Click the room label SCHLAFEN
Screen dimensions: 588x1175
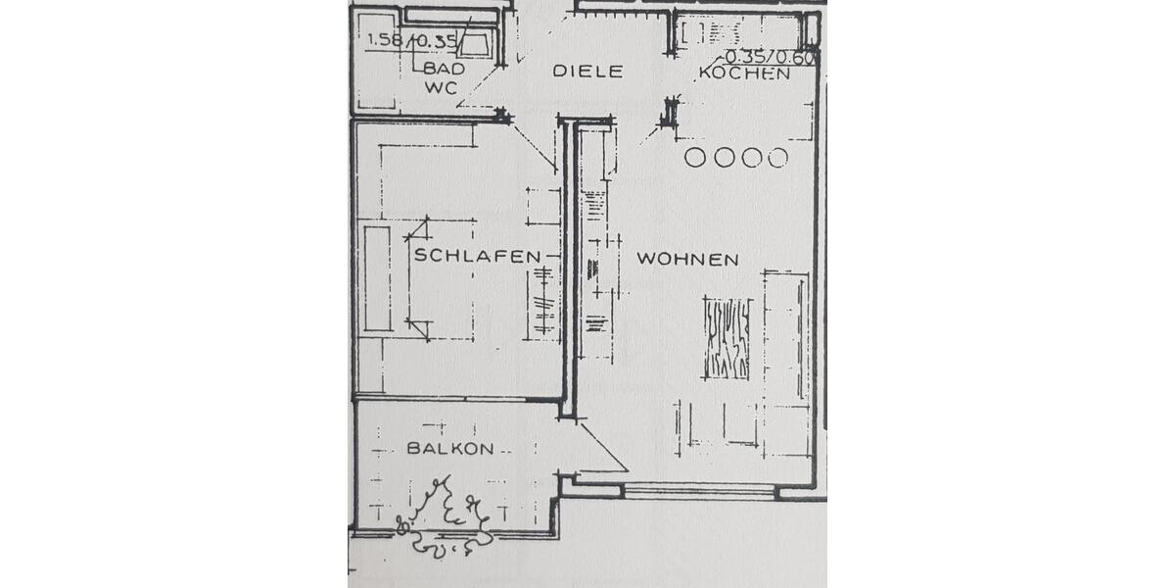tap(477, 256)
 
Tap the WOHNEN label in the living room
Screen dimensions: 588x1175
tap(687, 259)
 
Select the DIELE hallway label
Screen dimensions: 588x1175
tap(587, 72)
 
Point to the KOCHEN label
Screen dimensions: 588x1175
tap(745, 73)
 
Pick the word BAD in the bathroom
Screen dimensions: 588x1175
tap(444, 69)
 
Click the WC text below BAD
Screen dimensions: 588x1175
tap(441, 87)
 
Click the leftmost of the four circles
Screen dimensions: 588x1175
tap(696, 158)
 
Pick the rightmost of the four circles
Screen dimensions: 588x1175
tap(777, 158)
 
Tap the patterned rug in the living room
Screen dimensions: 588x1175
tap(728, 338)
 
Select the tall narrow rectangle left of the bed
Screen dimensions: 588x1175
tap(377, 278)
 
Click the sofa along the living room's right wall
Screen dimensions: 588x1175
tap(785, 363)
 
